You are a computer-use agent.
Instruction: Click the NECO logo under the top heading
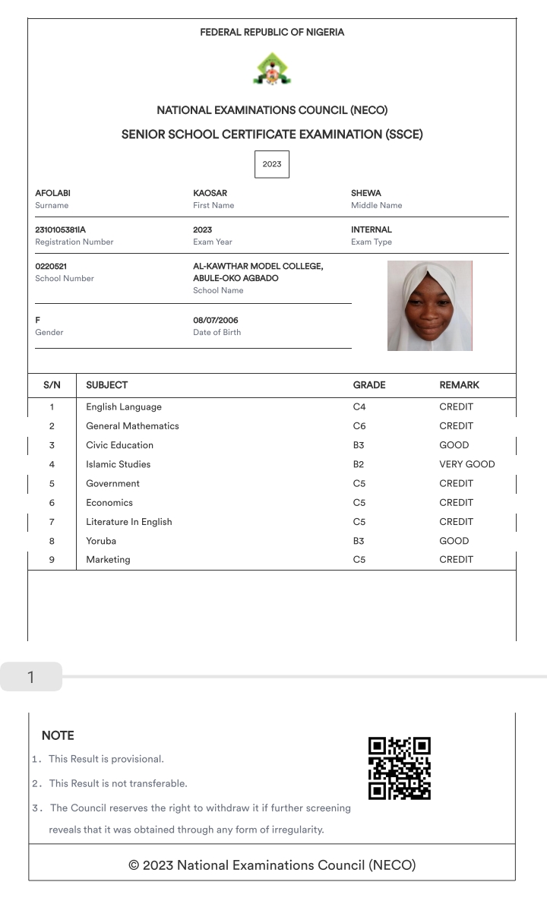(x=271, y=70)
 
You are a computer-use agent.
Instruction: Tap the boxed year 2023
(x=271, y=164)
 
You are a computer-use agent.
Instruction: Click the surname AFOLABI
(x=52, y=194)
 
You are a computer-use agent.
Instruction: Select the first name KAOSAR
(x=210, y=194)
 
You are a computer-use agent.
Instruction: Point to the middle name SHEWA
(x=365, y=194)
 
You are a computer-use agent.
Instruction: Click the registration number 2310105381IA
(x=61, y=229)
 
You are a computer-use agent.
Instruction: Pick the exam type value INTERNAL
(x=371, y=229)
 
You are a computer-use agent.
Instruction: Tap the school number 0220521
(x=52, y=267)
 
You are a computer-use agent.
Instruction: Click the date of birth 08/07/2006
(x=215, y=321)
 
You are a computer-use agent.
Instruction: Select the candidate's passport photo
(x=429, y=305)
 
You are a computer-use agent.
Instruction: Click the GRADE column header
(x=369, y=385)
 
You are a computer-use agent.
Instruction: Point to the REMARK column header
(x=459, y=385)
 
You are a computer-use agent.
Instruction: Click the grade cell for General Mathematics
(x=359, y=426)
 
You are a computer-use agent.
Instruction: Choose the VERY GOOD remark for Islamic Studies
(x=466, y=464)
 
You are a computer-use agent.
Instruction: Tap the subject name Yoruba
(x=101, y=541)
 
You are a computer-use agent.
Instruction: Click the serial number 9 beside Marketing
(x=52, y=560)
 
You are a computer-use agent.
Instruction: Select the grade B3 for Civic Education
(x=359, y=445)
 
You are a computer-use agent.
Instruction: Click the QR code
(x=399, y=768)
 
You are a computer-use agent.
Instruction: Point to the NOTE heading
(x=58, y=735)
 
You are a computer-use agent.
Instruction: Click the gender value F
(x=38, y=321)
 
